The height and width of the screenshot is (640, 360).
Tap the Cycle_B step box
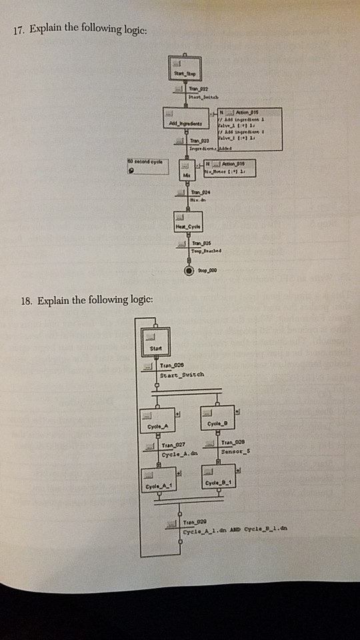point(217,419)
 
